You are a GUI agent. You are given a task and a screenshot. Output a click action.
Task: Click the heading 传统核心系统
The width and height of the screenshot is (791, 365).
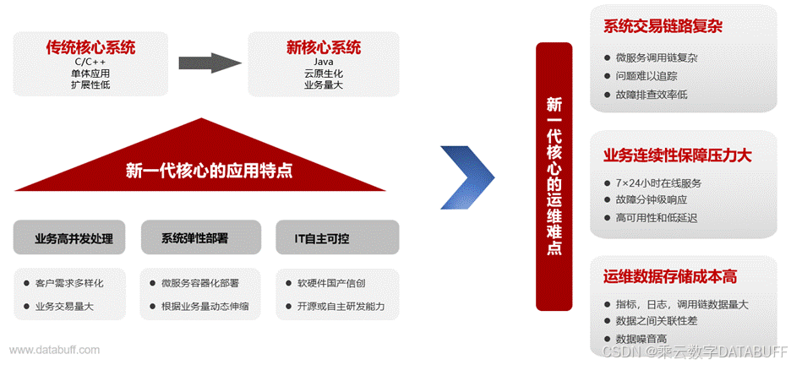click(x=90, y=47)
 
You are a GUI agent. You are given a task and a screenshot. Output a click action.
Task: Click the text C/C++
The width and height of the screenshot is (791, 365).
click(x=90, y=62)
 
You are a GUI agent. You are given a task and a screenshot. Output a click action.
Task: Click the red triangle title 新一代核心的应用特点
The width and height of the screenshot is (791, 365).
click(x=209, y=170)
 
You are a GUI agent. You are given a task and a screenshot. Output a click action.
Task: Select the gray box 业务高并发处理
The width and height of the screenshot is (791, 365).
click(x=74, y=238)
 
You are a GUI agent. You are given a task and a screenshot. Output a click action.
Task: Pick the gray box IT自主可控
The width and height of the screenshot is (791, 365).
click(x=337, y=238)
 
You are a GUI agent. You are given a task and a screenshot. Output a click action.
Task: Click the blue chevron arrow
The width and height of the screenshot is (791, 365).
click(x=467, y=177)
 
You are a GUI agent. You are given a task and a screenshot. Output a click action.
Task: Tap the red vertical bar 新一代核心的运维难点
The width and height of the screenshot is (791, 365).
click(x=554, y=177)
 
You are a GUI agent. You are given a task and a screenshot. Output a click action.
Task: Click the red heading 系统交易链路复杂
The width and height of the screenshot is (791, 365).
click(x=663, y=27)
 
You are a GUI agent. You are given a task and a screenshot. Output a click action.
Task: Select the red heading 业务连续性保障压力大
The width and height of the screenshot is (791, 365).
click(x=677, y=156)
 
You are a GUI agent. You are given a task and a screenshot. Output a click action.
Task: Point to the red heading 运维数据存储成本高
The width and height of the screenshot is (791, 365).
click(x=670, y=277)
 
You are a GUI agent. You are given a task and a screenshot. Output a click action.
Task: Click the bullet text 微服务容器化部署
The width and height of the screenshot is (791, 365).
click(x=199, y=282)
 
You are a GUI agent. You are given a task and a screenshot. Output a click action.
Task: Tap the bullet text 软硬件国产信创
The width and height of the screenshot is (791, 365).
click(x=330, y=282)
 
